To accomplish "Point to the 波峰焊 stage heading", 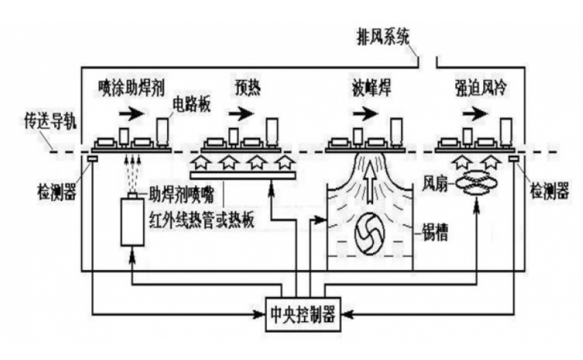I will coord(363,88).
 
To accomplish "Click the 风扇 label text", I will coord(436,184).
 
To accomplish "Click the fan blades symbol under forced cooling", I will coord(478,185).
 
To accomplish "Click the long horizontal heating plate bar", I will coord(242,177).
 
